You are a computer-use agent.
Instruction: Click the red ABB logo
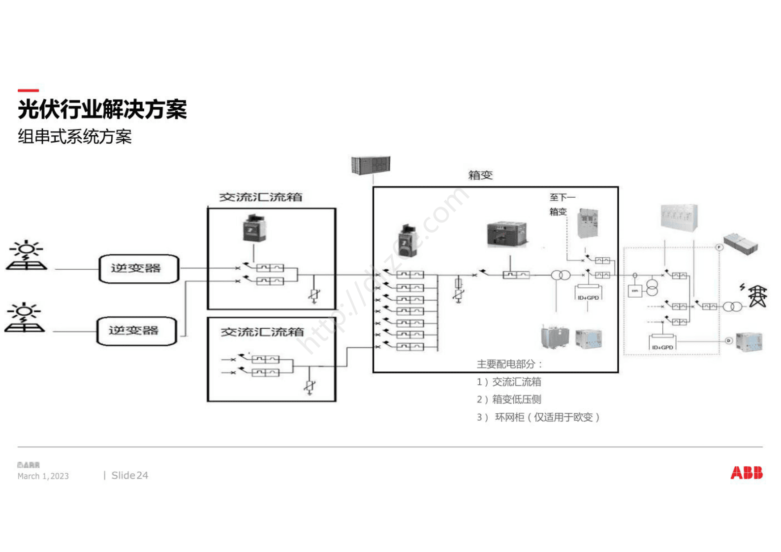coord(746,473)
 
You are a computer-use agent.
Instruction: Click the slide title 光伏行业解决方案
coord(102,109)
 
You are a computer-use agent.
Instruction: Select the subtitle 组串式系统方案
coord(75,137)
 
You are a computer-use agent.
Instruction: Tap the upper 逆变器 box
coord(138,269)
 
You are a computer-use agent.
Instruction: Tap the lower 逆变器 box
coord(136,331)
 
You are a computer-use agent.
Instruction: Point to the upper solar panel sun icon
coord(27,256)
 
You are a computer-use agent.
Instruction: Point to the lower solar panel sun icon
coord(25,318)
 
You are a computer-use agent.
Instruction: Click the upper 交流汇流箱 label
coord(261,197)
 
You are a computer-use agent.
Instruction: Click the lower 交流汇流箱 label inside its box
coord(262,332)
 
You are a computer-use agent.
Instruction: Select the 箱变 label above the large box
coord(480,175)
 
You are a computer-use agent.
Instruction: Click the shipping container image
coord(370,166)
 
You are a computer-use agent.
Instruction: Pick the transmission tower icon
coord(757,296)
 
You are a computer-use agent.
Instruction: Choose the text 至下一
coord(562,197)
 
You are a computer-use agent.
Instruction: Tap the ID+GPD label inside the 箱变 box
coord(588,298)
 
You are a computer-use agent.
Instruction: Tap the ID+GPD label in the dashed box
coord(662,347)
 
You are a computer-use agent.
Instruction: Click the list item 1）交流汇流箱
coord(509,382)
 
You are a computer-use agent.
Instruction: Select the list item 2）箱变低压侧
coord(509,399)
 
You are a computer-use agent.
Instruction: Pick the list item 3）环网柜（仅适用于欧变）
coord(538,417)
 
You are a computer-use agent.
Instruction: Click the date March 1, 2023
coord(43,476)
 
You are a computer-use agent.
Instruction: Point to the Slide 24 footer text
coord(129,475)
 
